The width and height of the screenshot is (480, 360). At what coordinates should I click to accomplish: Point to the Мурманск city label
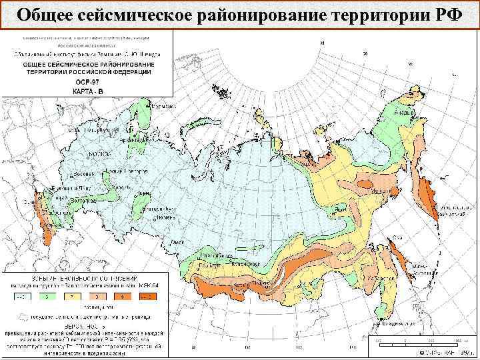pyautogui.click(x=161, y=106)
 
